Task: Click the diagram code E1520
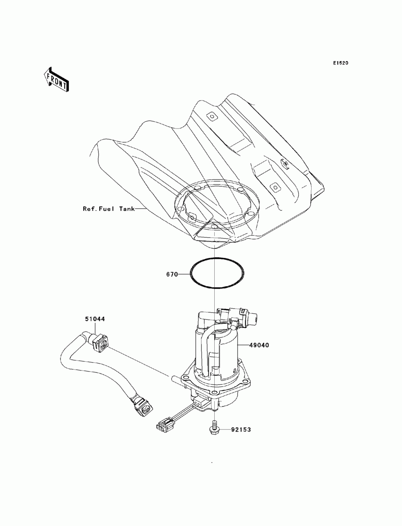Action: pyautogui.click(x=340, y=63)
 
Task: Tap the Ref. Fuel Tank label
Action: pyautogui.click(x=109, y=209)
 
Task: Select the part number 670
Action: pyautogui.click(x=172, y=274)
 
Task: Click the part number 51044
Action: pyautogui.click(x=95, y=319)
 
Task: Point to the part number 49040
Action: pyautogui.click(x=259, y=345)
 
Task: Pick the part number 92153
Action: pyautogui.click(x=241, y=430)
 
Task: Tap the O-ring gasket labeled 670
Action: pyautogui.click(x=217, y=258)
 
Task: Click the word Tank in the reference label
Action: pyautogui.click(x=127, y=209)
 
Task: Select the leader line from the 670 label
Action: pyautogui.click(x=184, y=274)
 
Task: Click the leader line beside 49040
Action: pyautogui.click(x=244, y=345)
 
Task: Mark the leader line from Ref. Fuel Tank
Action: pyautogui.click(x=141, y=209)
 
